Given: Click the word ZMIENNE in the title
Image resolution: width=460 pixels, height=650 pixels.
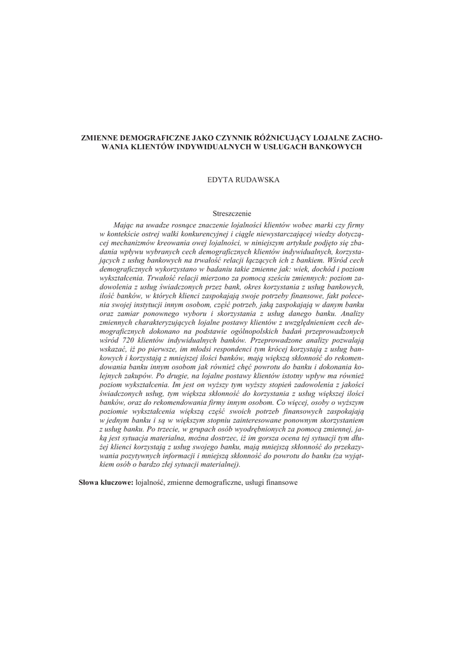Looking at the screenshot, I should click(x=99, y=137).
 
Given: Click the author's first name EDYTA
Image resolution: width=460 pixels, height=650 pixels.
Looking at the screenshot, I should click(x=220, y=180).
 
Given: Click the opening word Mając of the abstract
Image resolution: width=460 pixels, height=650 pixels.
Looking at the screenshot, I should click(x=123, y=225).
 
